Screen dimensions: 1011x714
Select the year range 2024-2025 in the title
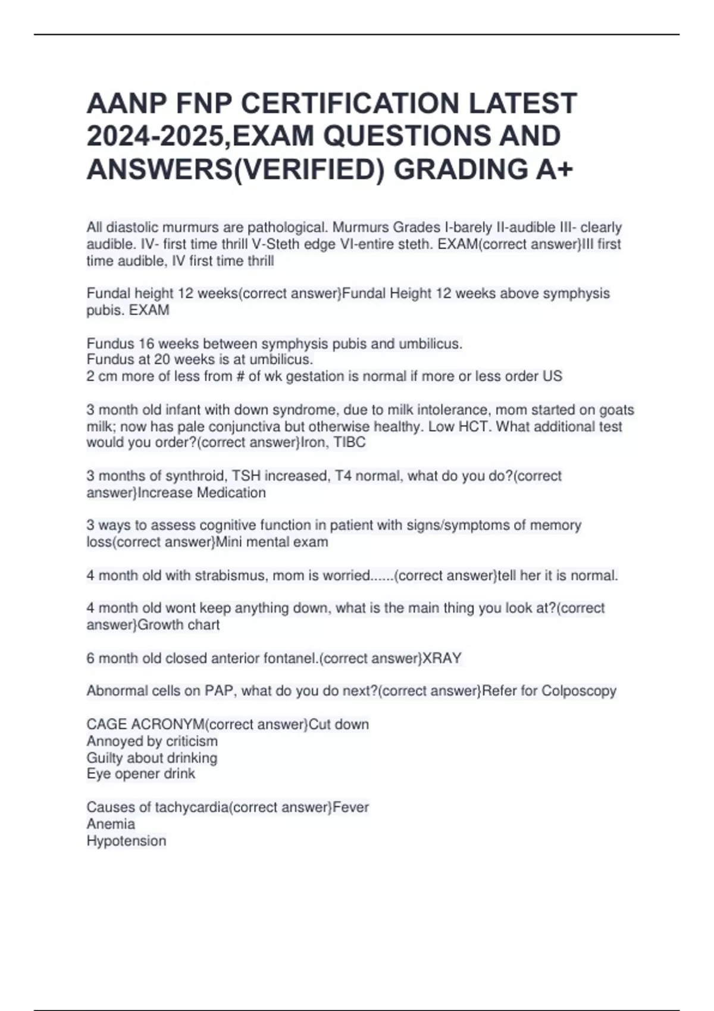pos(155,136)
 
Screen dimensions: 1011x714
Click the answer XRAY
pos(441,658)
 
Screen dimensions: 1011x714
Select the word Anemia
pos(111,824)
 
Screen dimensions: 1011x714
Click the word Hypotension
pos(126,841)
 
